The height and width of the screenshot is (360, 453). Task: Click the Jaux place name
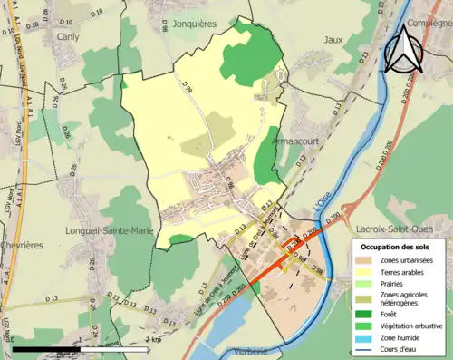coord(333,40)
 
